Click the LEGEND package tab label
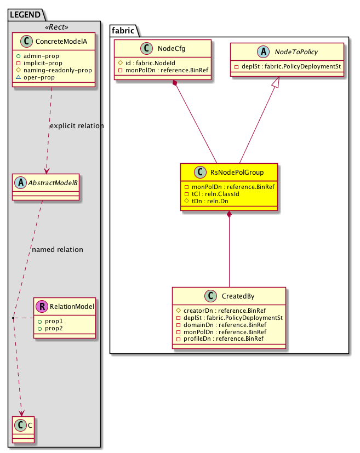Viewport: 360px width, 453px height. tap(26, 15)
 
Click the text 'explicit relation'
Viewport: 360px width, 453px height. tap(77, 126)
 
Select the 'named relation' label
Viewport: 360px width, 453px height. tap(58, 250)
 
